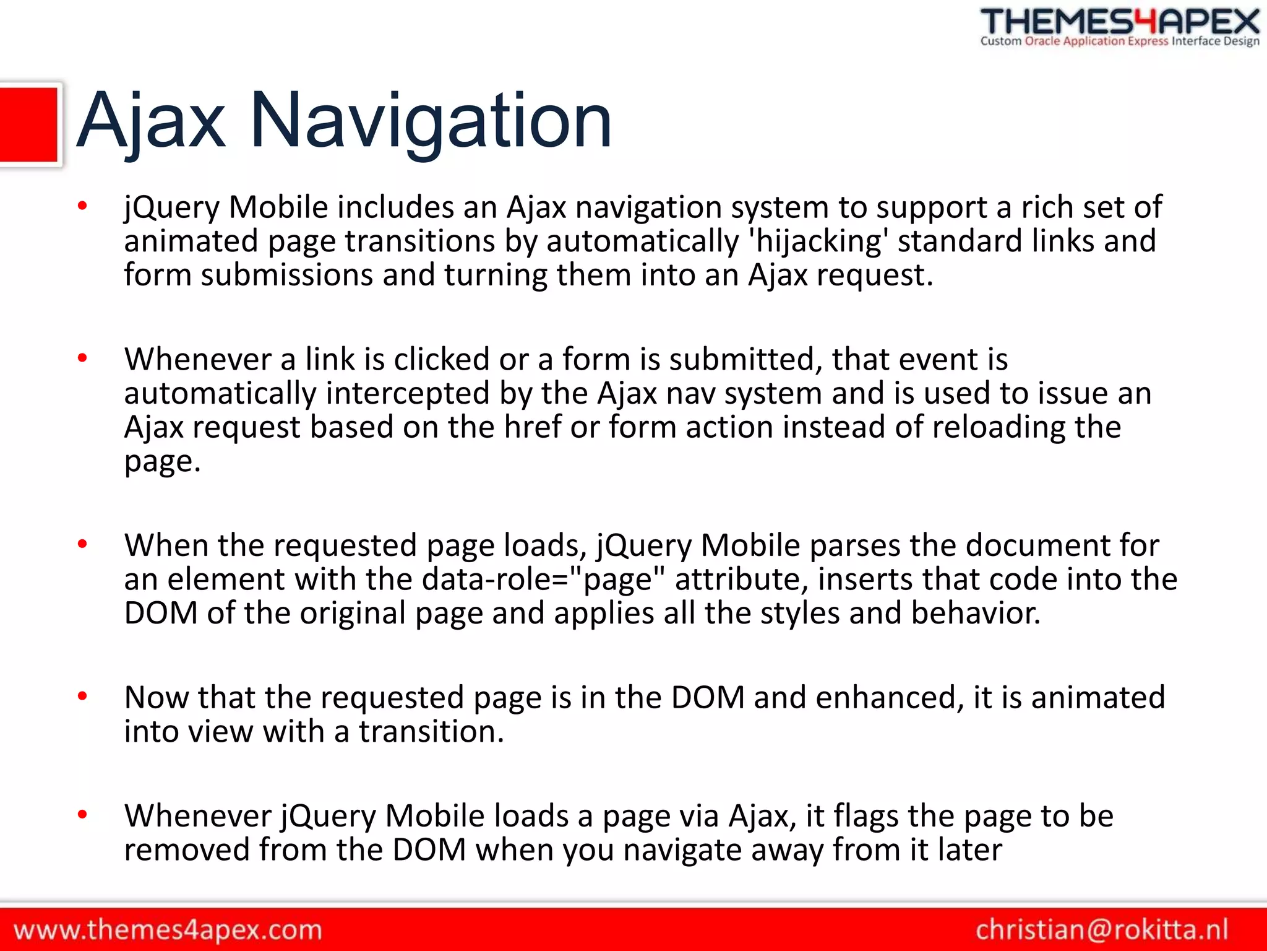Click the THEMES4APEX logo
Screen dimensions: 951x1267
[x=1120, y=22]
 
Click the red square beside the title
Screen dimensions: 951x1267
[x=28, y=125]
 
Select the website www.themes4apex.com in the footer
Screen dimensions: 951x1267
[x=168, y=931]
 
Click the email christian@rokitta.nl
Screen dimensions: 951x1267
[x=1102, y=930]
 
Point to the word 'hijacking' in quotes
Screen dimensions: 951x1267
[x=818, y=241]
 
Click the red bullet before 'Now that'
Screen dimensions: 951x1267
[x=82, y=697]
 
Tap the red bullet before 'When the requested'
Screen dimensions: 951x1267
[x=82, y=544]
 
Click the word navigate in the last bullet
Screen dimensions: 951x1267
[x=682, y=850]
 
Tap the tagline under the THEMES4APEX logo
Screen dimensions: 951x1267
[x=1120, y=41]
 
